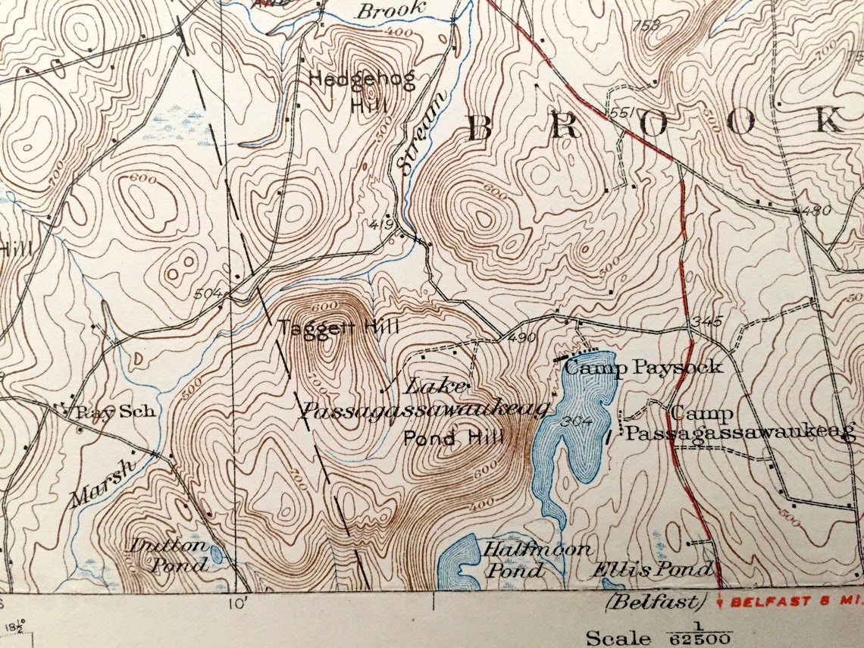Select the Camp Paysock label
(643, 368)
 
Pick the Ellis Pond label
(651, 568)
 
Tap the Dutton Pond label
(168, 554)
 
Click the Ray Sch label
(115, 412)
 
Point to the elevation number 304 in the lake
(578, 423)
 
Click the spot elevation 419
(382, 224)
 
